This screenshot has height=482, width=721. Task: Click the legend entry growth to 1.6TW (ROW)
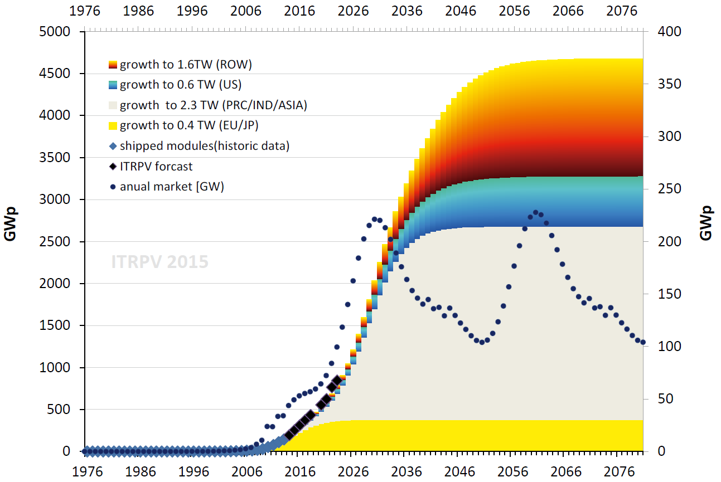point(186,65)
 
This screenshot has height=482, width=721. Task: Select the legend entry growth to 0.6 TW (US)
point(180,85)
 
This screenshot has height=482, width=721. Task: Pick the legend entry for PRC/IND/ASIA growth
point(213,105)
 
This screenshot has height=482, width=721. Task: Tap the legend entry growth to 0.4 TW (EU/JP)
point(189,125)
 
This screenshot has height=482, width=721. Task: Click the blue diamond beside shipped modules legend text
point(113,146)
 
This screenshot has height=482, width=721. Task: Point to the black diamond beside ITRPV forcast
point(113,166)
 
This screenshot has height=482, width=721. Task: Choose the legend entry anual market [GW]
point(172,187)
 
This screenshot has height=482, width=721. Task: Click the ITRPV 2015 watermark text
point(160,261)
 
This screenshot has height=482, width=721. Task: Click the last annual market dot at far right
point(643,343)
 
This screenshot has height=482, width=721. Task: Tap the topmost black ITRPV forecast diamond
point(337,380)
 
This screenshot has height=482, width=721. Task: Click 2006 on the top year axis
point(246,11)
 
